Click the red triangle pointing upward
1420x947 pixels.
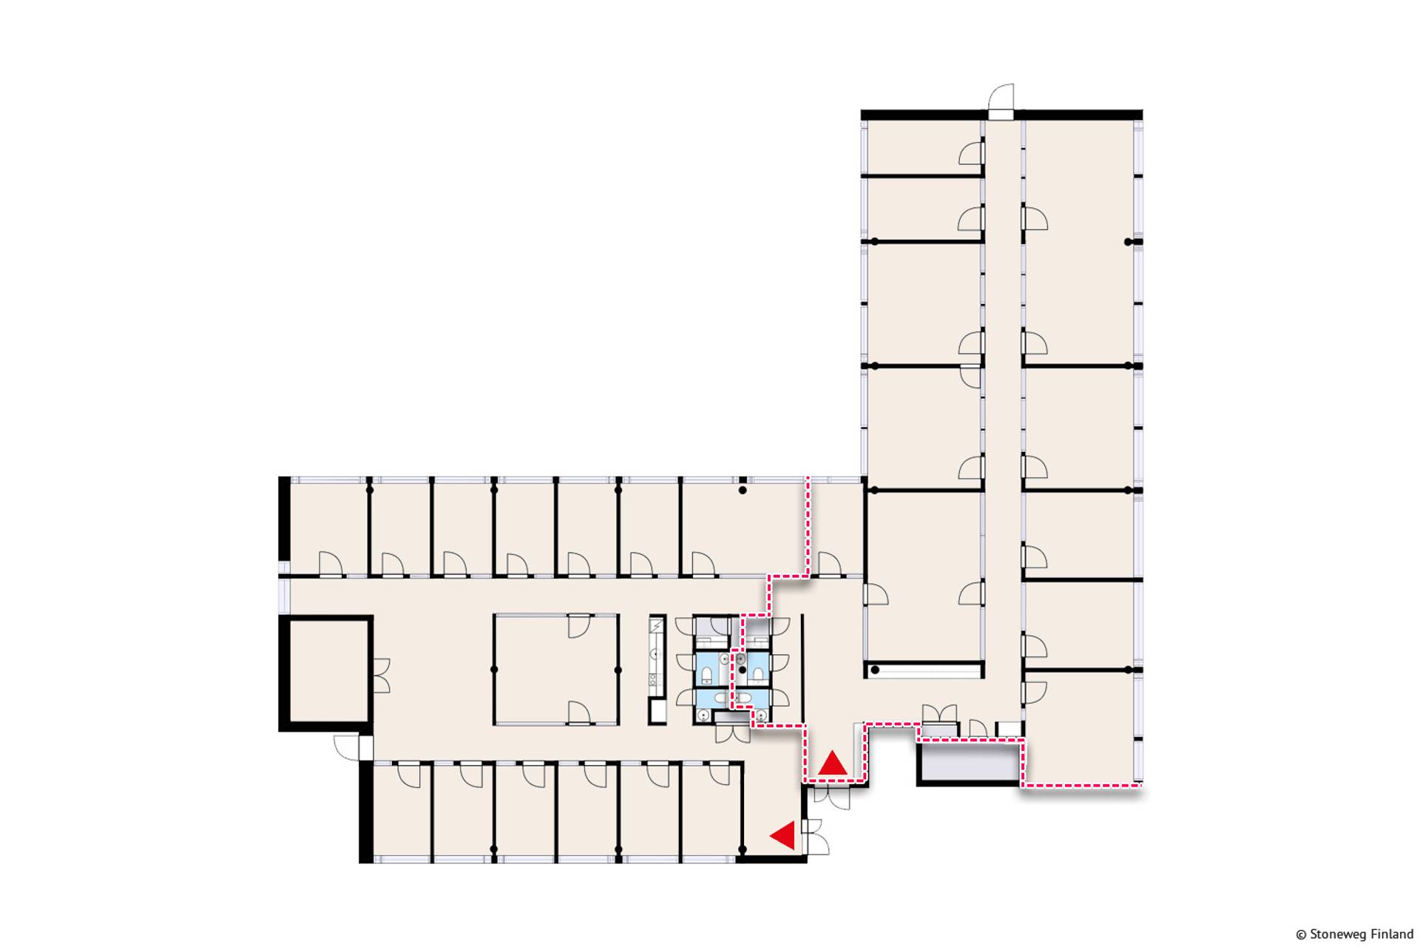click(x=833, y=764)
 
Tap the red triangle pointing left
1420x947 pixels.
click(x=784, y=835)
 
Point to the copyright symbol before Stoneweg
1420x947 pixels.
click(x=1301, y=934)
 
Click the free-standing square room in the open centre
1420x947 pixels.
click(x=556, y=669)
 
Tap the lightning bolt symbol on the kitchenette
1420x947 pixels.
click(x=656, y=627)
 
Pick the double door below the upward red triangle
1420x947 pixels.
click(x=832, y=797)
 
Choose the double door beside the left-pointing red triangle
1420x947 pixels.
click(x=816, y=837)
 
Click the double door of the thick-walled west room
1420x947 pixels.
click(x=380, y=675)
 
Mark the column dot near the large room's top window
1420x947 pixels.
click(x=743, y=490)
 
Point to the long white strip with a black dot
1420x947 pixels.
click(x=924, y=670)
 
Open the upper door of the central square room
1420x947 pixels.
click(x=579, y=626)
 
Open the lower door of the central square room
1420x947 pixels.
click(x=579, y=713)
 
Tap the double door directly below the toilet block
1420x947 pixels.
click(x=733, y=733)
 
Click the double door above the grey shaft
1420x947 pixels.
click(x=939, y=714)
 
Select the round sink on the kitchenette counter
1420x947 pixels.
click(x=655, y=654)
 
